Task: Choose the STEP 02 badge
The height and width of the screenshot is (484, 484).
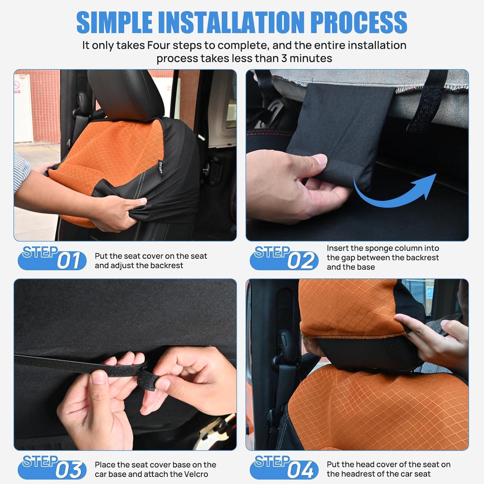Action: coord(284,258)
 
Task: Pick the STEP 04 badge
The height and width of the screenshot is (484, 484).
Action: coord(284,467)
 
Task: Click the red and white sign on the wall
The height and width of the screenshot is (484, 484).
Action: coord(17,87)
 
